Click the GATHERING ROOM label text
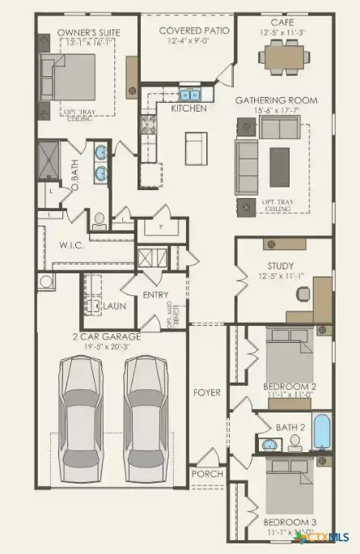[276, 99]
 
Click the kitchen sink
[188, 95]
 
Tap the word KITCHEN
[188, 108]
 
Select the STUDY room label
[280, 265]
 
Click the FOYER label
[206, 393]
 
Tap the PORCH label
[205, 473]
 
